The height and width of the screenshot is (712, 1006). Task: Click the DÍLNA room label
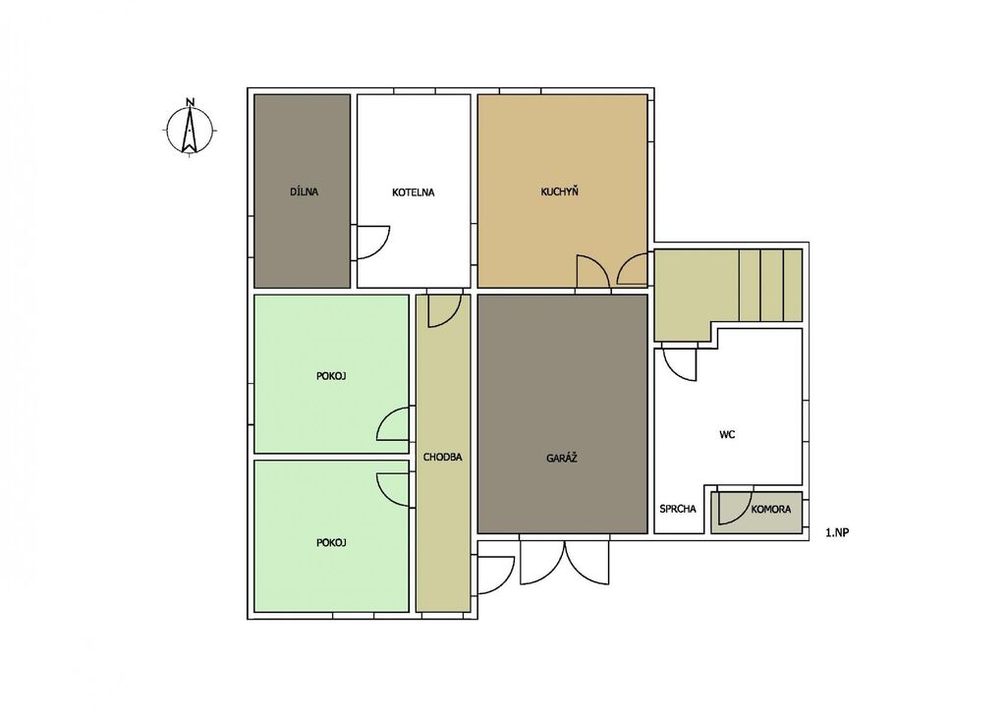tap(305, 192)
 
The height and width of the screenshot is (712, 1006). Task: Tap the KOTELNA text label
tap(414, 192)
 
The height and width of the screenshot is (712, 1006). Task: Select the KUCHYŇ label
tap(559, 192)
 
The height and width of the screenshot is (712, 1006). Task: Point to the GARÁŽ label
tap(562, 458)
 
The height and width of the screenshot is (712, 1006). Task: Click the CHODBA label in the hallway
tap(443, 458)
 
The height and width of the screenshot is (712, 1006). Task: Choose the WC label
tap(727, 434)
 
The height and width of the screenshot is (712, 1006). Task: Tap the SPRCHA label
tap(678, 510)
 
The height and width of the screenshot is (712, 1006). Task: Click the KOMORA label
tap(771, 510)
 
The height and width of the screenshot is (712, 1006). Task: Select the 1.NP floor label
tap(837, 532)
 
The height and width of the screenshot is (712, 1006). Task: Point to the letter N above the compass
tap(190, 101)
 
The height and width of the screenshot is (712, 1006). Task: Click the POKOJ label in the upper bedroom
tap(331, 376)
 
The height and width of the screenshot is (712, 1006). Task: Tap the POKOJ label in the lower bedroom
tap(331, 543)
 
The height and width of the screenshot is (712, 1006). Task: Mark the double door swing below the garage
tap(564, 562)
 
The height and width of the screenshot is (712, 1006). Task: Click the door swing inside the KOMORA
tap(735, 508)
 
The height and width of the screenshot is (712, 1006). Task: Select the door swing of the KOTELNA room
tap(372, 243)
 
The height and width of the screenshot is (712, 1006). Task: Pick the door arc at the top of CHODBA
tap(445, 309)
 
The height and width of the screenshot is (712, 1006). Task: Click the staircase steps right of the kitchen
tap(770, 286)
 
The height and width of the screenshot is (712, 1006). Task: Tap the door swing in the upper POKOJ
tap(393, 423)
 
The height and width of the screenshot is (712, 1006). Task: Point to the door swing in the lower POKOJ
tap(393, 491)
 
